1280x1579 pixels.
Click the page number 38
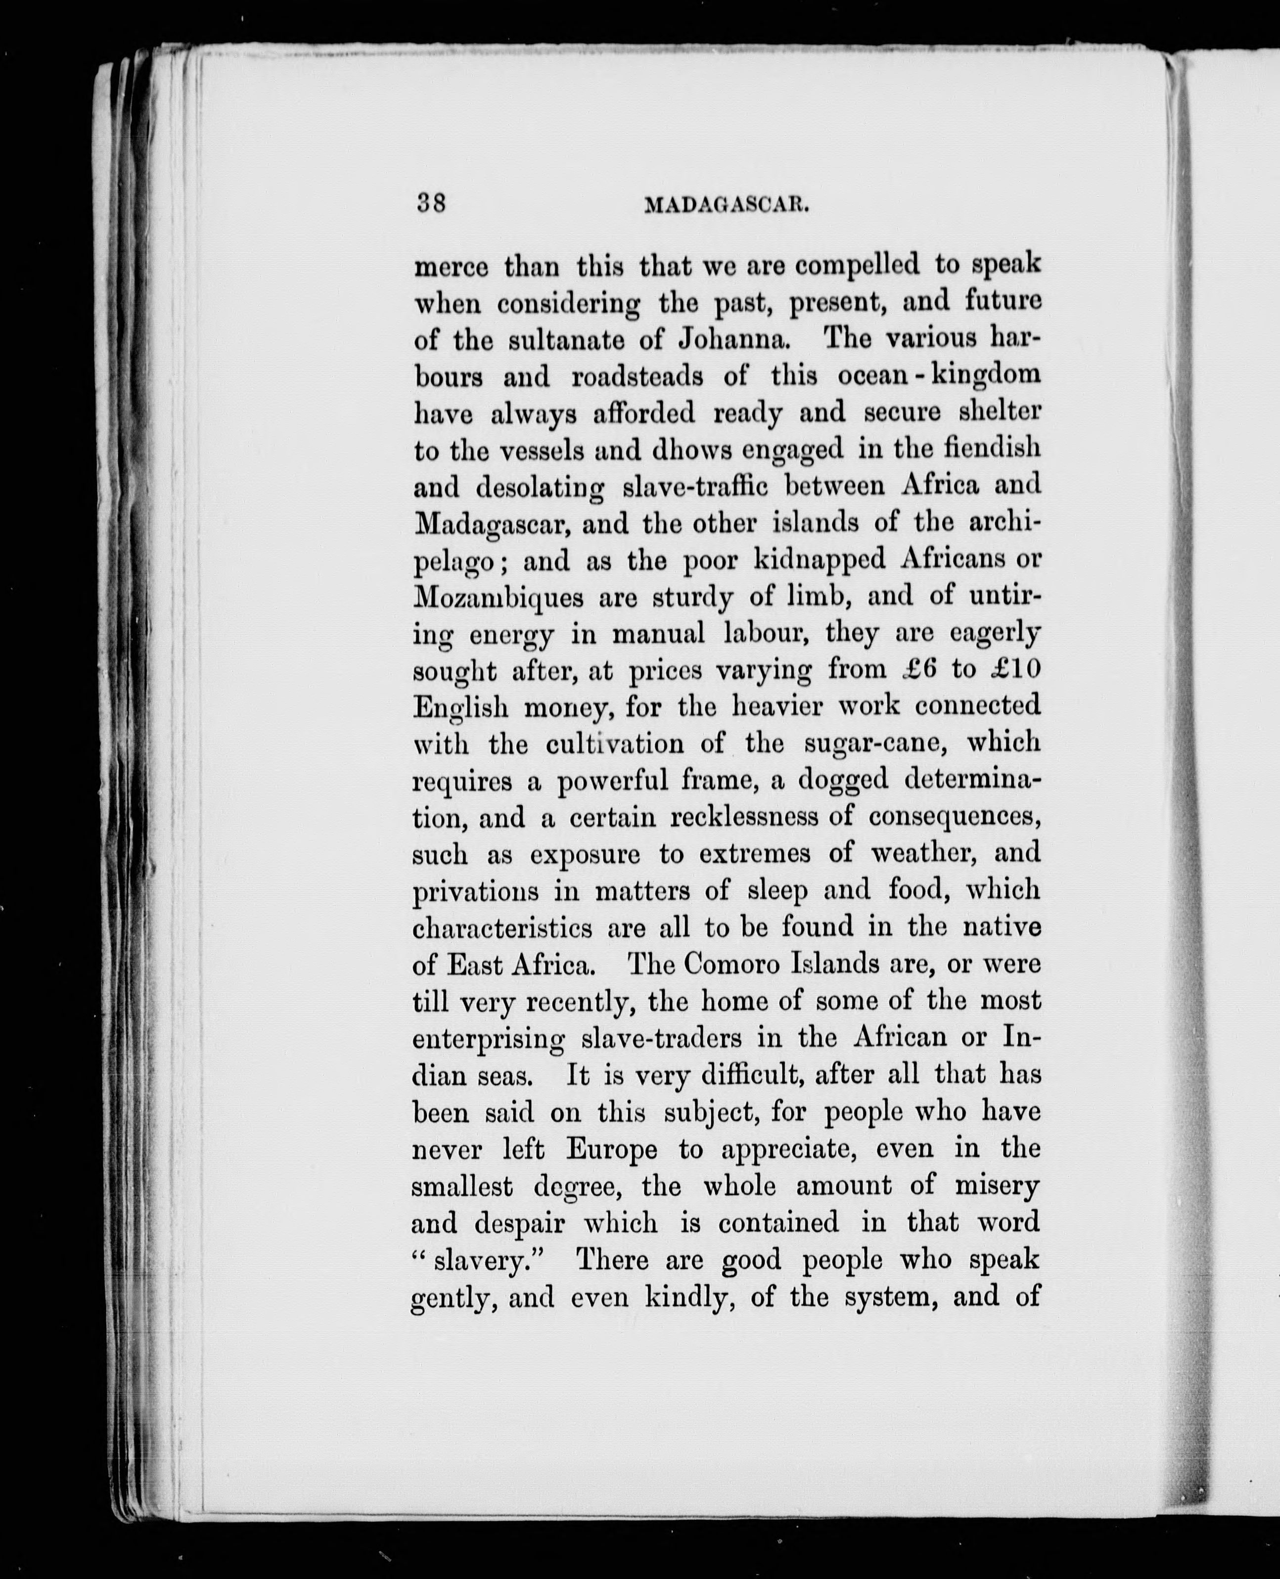(x=431, y=203)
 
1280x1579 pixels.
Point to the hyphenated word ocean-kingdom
(x=939, y=376)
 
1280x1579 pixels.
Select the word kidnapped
(x=819, y=560)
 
